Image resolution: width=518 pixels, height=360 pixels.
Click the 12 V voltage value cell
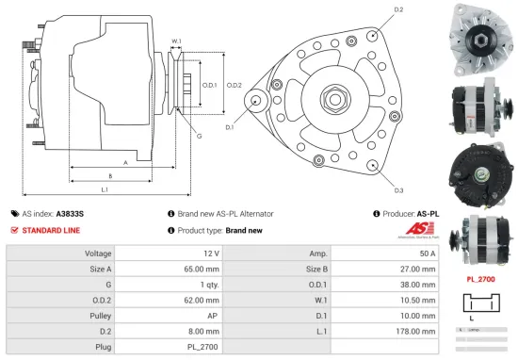tap(210, 254)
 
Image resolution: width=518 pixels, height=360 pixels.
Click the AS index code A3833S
tap(71, 214)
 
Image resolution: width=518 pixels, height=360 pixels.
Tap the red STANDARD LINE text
tap(52, 230)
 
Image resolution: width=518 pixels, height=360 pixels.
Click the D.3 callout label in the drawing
tap(398, 188)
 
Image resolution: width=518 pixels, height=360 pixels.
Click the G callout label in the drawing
tap(199, 136)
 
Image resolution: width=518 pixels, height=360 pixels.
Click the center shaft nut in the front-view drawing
tap(334, 97)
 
